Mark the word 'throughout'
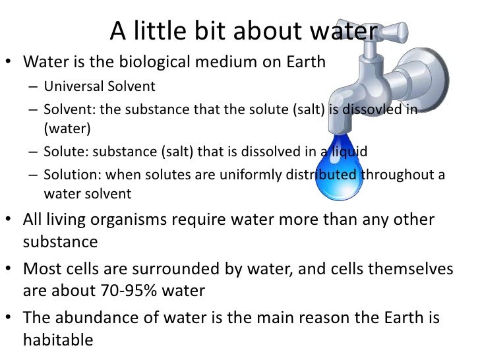click(x=397, y=175)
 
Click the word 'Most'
click(x=43, y=269)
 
